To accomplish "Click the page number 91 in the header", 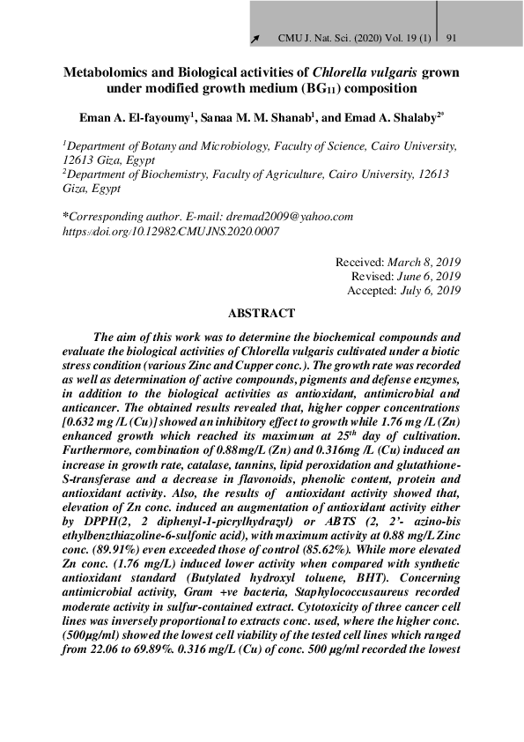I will (451, 39).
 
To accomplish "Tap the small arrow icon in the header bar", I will (255, 39).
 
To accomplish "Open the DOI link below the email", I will (170, 230).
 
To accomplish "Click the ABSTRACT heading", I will (262, 313).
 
